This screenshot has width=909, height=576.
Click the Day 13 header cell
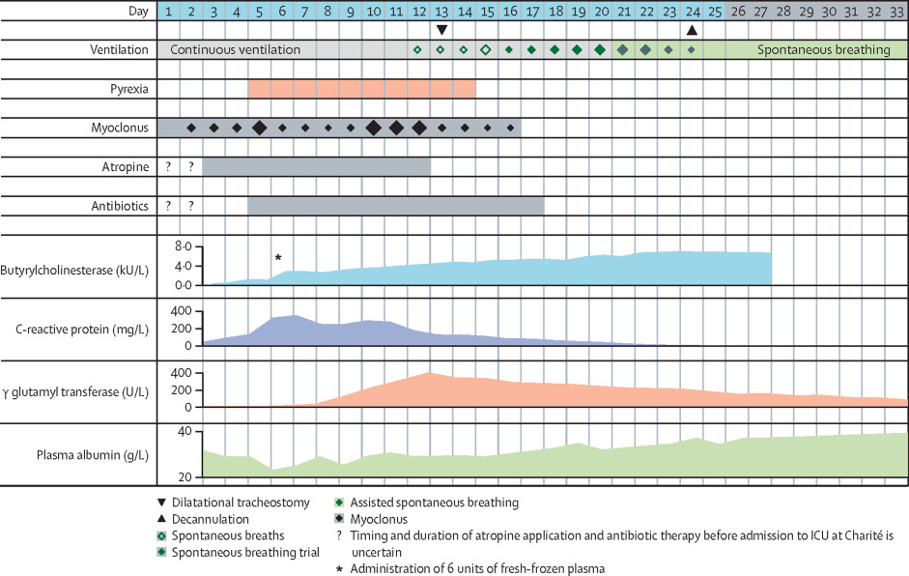click(440, 11)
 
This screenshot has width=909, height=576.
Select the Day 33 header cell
click(896, 11)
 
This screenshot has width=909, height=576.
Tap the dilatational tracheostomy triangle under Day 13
click(440, 30)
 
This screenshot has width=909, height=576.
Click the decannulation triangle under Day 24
click(692, 30)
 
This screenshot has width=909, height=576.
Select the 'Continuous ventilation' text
click(235, 49)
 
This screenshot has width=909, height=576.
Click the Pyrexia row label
click(128, 89)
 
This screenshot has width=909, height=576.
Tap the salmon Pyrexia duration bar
click(361, 89)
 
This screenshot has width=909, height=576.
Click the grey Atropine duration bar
click(316, 166)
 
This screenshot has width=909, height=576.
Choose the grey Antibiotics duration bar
click(395, 205)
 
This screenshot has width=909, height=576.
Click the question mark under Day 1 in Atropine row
click(168, 166)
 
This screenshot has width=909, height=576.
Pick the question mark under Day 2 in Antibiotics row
click(191, 205)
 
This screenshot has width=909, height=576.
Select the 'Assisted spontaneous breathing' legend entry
click(434, 503)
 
